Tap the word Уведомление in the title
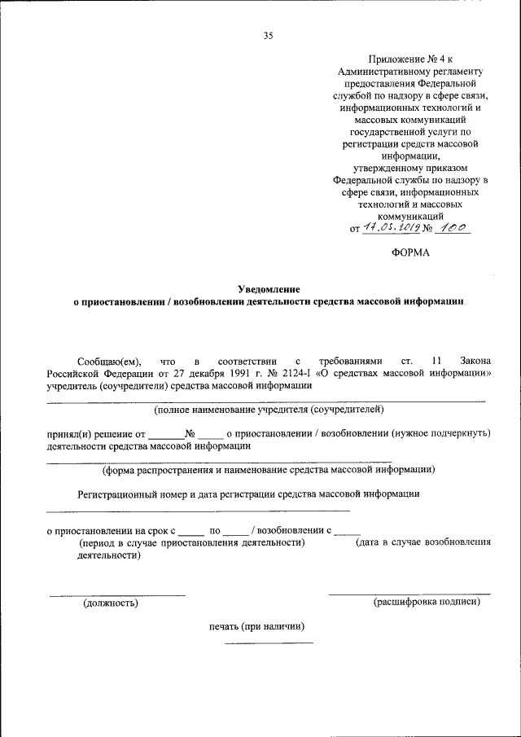pyautogui.click(x=269, y=289)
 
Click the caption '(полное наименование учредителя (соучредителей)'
pyautogui.click(x=269, y=409)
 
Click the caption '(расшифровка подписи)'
pyautogui.click(x=426, y=603)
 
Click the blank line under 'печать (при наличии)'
pyautogui.click(x=269, y=643)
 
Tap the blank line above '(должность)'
pyautogui.click(x=116, y=594)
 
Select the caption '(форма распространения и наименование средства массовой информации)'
pyautogui.click(x=269, y=469)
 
